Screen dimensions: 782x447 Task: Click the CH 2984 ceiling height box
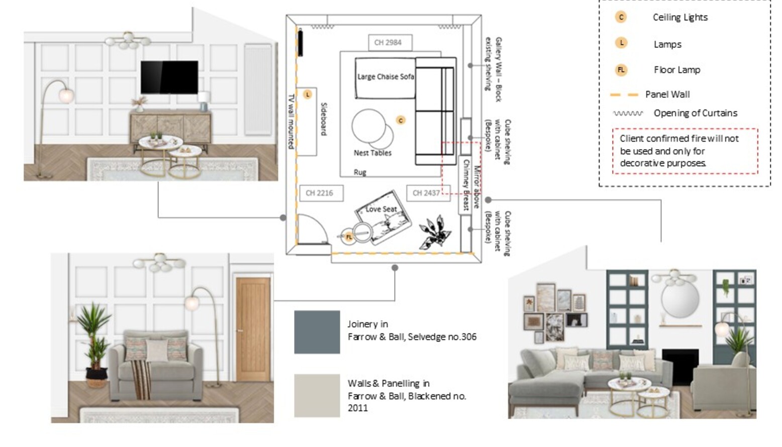click(x=390, y=43)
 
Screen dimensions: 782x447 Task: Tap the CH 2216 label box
click(x=321, y=193)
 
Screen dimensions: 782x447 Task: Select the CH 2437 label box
click(x=428, y=193)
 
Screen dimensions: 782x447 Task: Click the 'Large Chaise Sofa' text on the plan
click(x=385, y=76)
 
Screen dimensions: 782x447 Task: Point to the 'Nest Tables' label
click(x=372, y=153)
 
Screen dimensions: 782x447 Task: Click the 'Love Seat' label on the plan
click(x=381, y=209)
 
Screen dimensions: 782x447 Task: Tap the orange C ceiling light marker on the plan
click(x=401, y=121)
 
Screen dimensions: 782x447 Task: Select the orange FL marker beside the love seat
click(x=349, y=237)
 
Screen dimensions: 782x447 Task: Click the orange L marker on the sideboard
click(x=308, y=94)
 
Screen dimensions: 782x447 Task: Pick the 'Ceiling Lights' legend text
click(x=680, y=18)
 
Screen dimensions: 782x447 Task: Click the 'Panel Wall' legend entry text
click(x=667, y=94)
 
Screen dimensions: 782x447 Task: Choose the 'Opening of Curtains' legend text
click(x=696, y=113)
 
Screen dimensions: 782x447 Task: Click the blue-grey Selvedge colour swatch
click(x=317, y=332)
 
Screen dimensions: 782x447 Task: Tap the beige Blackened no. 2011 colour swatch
click(x=317, y=396)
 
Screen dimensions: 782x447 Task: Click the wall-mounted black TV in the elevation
click(x=169, y=77)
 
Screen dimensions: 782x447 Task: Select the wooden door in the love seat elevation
click(x=253, y=329)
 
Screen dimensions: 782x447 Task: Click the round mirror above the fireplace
click(x=680, y=301)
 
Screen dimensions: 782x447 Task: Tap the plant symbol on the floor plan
click(x=435, y=232)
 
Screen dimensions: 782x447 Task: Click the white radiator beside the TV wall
click(x=258, y=90)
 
